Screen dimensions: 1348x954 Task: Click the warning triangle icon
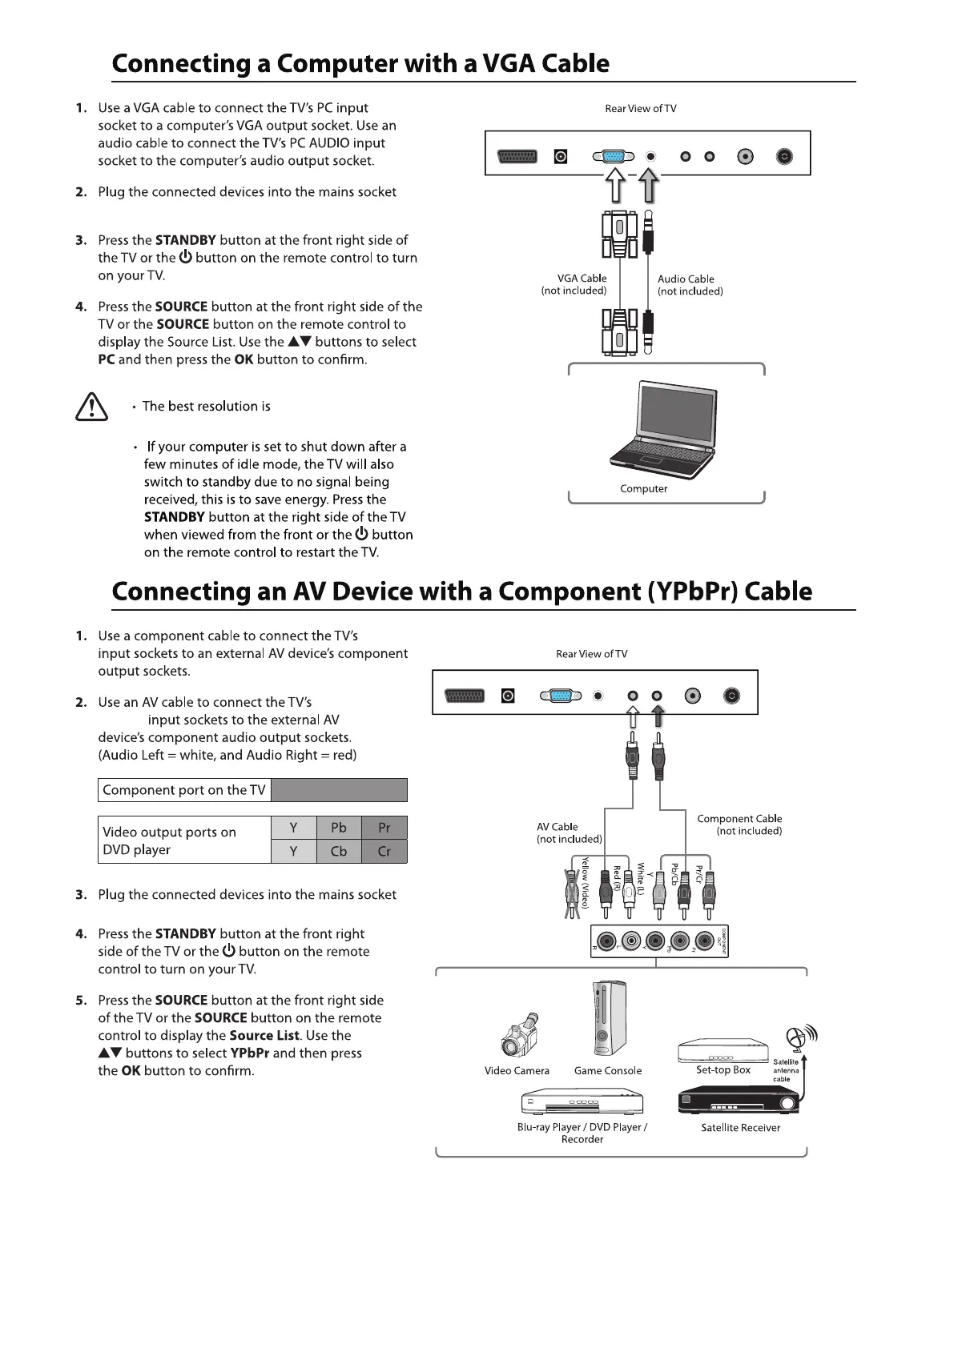tap(91, 407)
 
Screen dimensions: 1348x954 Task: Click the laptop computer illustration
tap(663, 427)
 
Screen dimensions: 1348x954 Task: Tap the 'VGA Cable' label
tap(582, 279)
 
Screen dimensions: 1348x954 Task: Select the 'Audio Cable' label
tap(686, 279)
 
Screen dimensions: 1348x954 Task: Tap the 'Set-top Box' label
tap(723, 1069)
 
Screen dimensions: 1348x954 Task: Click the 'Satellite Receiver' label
tap(740, 1128)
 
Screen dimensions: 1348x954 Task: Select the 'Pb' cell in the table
tap(339, 828)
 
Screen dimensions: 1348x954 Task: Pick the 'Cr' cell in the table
tap(384, 852)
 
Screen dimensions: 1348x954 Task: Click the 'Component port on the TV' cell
tap(184, 790)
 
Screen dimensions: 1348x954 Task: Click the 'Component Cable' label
tap(739, 819)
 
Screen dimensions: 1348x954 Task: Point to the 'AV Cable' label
tap(558, 827)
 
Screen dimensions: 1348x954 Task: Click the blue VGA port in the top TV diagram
tap(614, 157)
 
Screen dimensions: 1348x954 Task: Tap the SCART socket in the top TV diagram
tap(517, 157)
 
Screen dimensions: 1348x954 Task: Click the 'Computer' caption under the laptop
tap(643, 489)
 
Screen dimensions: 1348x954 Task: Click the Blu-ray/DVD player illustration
tap(582, 1102)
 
